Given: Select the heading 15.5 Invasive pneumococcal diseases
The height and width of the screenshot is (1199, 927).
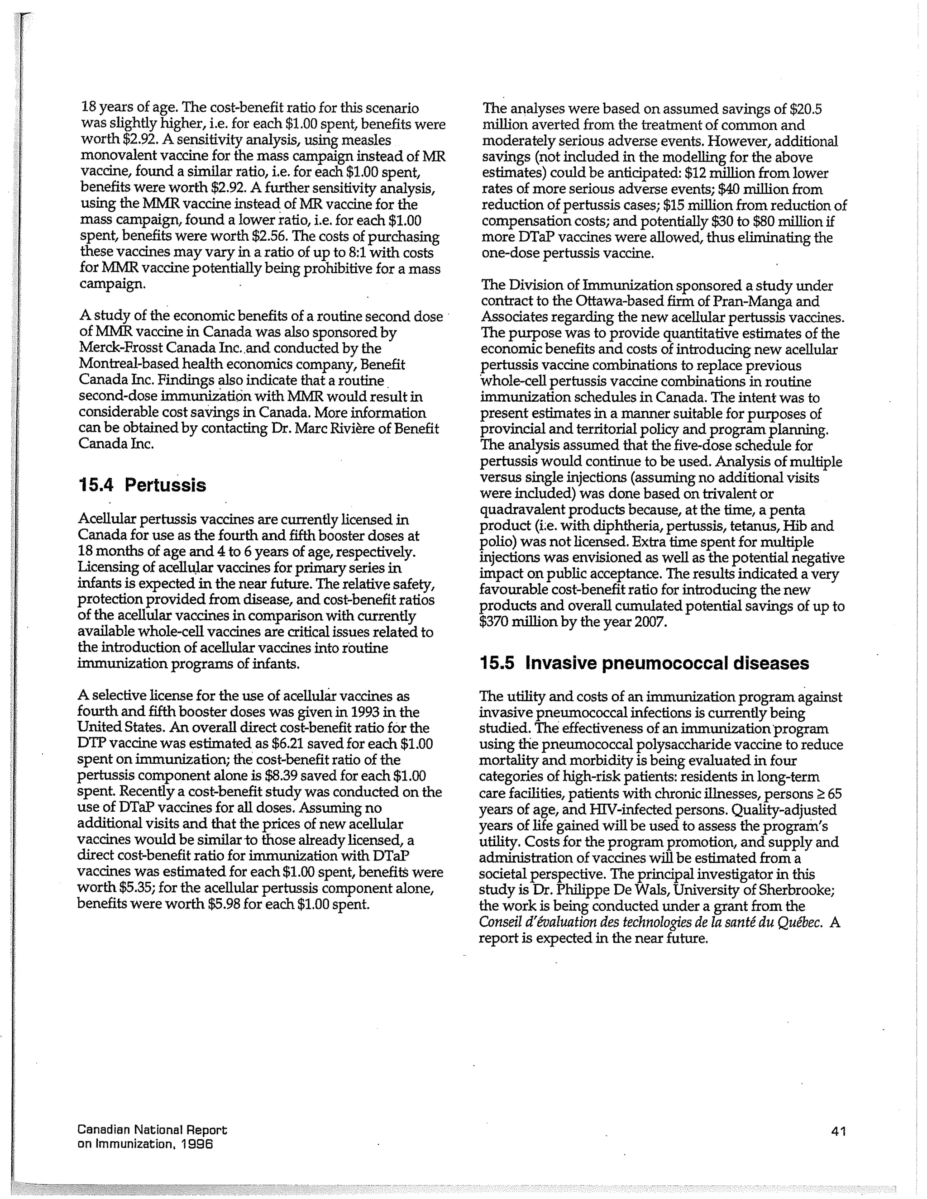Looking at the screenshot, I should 644,663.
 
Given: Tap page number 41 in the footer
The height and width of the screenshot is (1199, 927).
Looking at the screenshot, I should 839,1131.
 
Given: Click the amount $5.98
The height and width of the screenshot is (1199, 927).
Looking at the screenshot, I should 224,904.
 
